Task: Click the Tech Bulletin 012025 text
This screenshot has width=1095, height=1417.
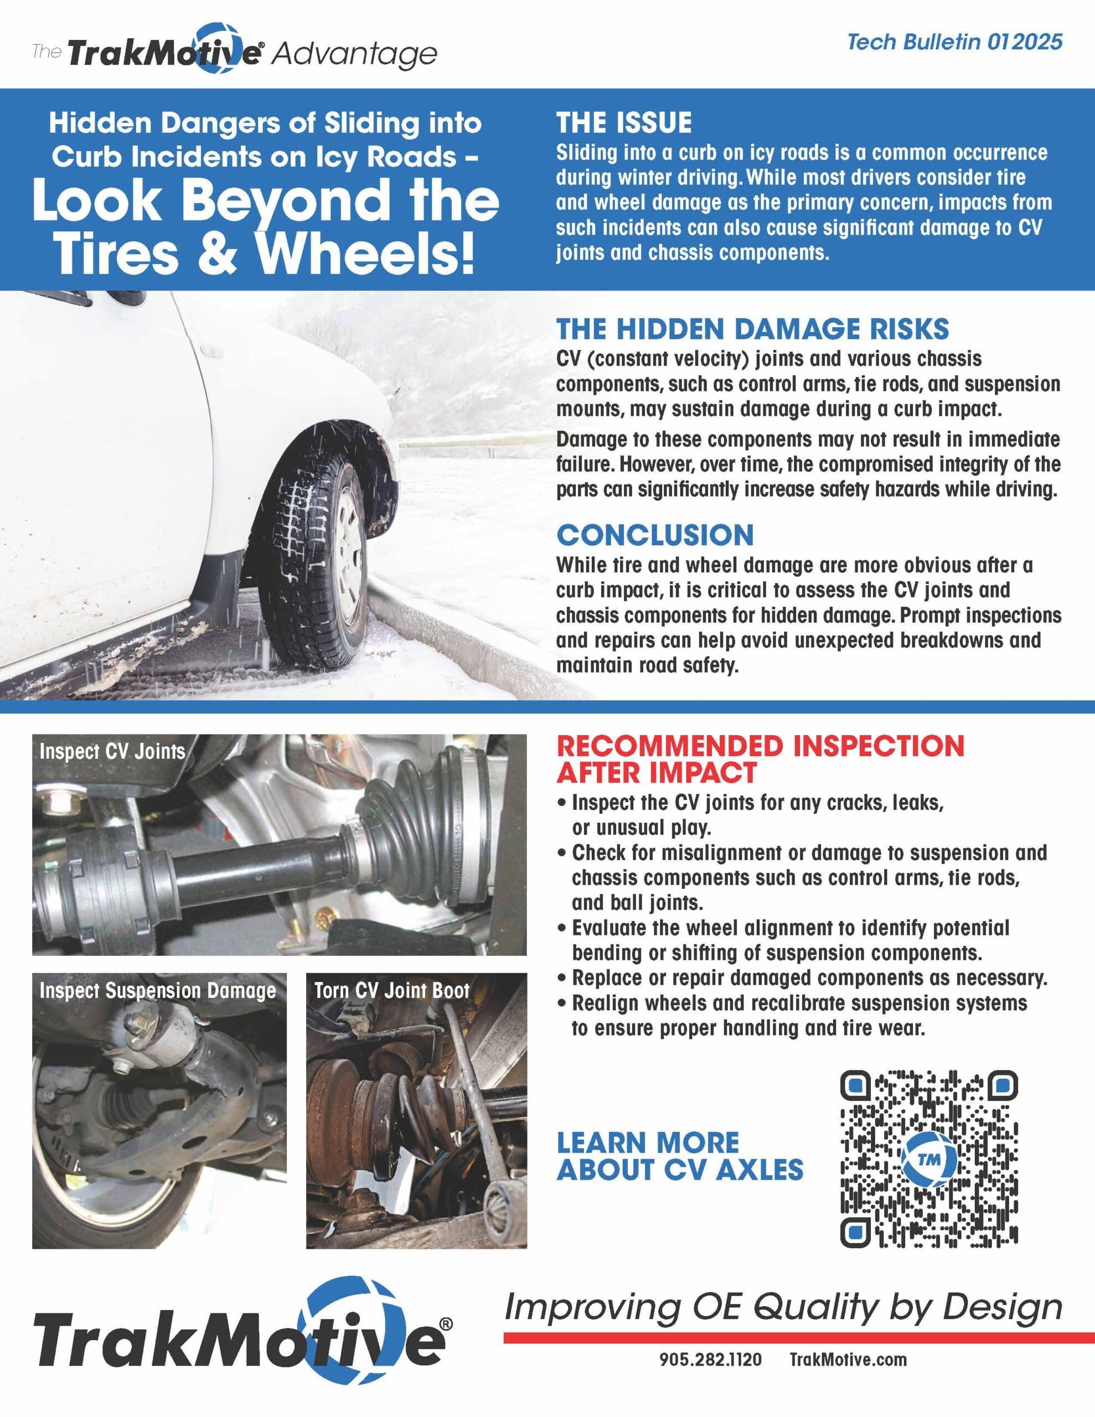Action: (x=954, y=42)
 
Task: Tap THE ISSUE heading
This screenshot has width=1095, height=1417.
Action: (x=624, y=123)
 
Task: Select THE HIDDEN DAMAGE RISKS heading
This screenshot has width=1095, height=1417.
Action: (x=752, y=329)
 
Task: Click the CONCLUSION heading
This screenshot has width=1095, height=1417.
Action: (x=655, y=535)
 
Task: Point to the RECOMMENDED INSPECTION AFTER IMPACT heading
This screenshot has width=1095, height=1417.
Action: (x=760, y=759)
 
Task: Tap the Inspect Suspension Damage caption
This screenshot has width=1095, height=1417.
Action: (x=158, y=991)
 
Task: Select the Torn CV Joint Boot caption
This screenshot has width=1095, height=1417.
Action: (x=391, y=991)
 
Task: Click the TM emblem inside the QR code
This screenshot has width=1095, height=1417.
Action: (x=929, y=1160)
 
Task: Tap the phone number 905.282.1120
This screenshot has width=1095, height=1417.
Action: (x=710, y=1360)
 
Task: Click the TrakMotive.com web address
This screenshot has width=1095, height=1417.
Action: (x=848, y=1360)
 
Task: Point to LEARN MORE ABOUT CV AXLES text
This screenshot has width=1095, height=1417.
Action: (x=680, y=1156)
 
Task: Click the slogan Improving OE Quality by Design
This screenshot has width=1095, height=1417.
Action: (x=783, y=1307)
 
